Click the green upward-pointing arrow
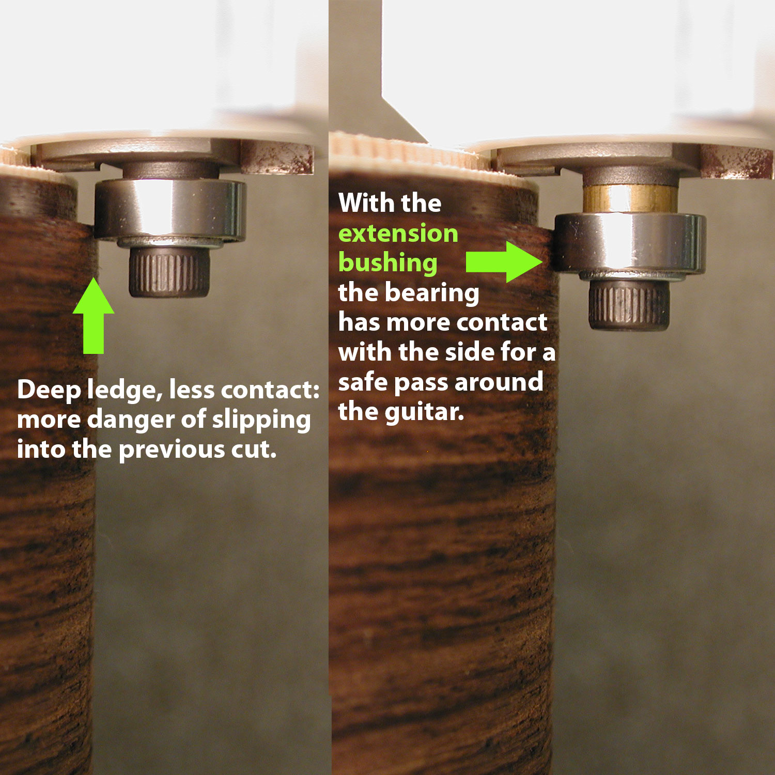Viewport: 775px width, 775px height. point(94,316)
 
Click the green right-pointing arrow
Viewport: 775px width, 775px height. point(504,262)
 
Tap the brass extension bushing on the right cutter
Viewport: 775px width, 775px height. point(630,198)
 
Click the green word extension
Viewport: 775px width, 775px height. point(398,234)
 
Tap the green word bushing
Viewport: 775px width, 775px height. point(388,263)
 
